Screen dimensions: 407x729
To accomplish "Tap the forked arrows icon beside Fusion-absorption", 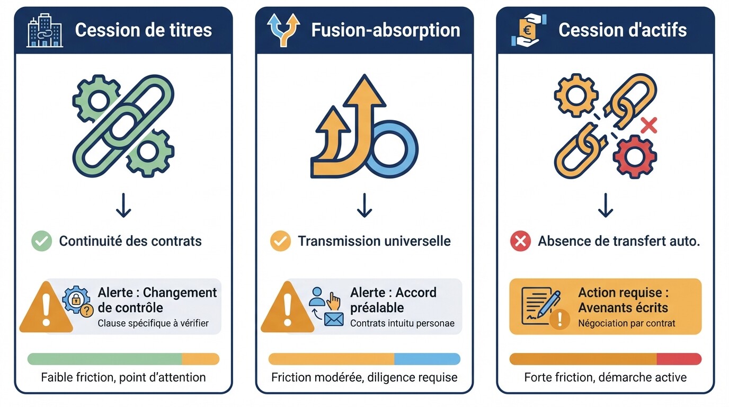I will pos(283,31).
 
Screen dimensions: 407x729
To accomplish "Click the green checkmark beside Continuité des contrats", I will pos(41,242).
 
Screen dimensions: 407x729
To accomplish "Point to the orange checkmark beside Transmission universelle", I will pos(280,242).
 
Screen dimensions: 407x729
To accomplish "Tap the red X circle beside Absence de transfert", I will pos(520,242).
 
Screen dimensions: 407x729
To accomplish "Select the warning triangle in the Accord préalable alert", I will pos(287,309).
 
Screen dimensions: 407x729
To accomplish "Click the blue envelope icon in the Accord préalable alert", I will pos(334,319).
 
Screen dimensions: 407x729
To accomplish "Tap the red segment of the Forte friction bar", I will pos(679,359).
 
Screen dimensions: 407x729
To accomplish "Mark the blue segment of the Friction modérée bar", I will pos(427,359).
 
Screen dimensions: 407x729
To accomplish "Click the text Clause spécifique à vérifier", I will pos(153,323).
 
